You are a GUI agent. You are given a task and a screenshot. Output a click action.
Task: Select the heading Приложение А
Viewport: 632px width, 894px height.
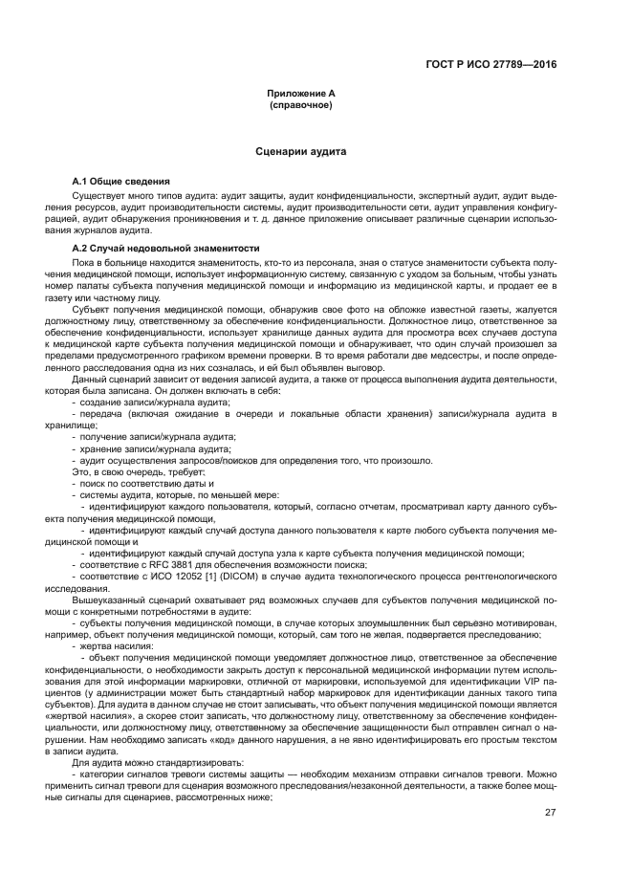[x=299, y=95]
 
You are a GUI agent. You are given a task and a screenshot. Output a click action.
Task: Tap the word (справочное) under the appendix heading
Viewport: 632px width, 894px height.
[x=300, y=105]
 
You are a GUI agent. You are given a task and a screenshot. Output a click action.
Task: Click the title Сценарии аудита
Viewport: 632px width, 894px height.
[x=300, y=151]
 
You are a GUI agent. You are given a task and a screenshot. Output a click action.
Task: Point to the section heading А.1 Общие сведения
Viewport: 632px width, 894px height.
[x=121, y=181]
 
